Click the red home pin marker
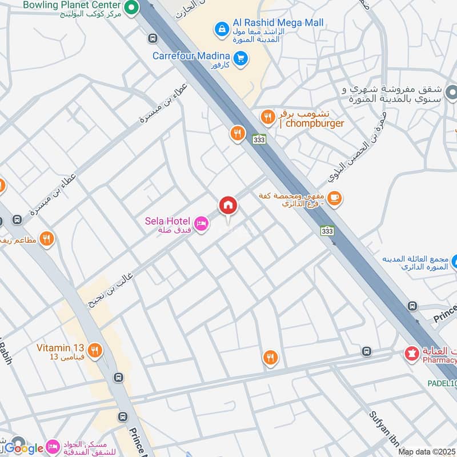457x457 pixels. click(x=227, y=205)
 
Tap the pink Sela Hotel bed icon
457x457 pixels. click(x=201, y=225)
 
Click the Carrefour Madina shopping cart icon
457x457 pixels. click(x=241, y=57)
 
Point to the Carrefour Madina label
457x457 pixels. click(x=191, y=56)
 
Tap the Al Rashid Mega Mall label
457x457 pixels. click(x=278, y=23)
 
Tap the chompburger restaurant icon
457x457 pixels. click(x=267, y=118)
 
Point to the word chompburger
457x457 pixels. click(x=314, y=123)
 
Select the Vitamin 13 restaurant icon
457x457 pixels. click(x=95, y=351)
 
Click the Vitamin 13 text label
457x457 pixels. click(x=61, y=348)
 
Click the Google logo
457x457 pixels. click(x=25, y=448)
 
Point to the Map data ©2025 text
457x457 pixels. click(x=427, y=452)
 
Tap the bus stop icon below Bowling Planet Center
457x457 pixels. click(x=152, y=38)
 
